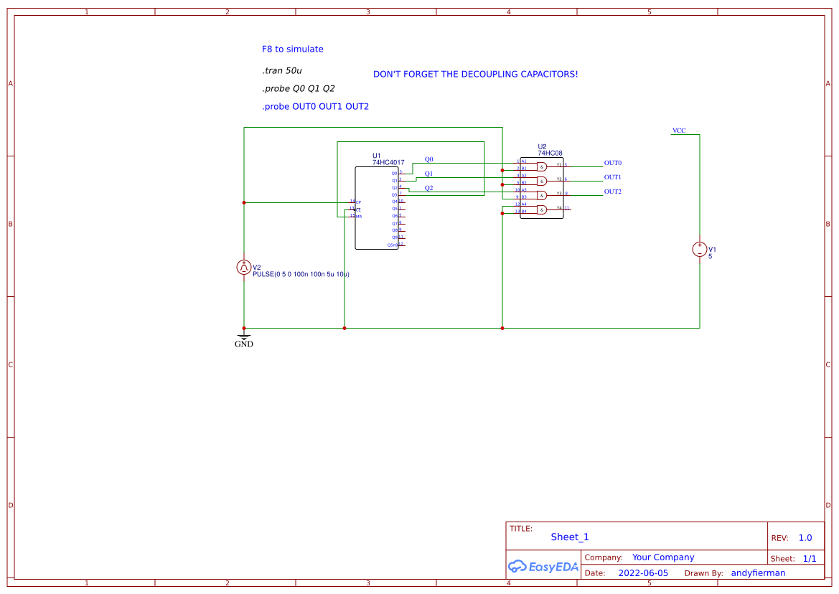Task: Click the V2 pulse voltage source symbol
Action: tap(244, 268)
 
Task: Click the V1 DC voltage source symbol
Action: tap(700, 250)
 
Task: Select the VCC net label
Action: tap(678, 131)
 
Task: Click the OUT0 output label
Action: tap(612, 163)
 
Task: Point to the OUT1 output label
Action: tap(612, 177)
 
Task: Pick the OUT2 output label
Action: tap(612, 192)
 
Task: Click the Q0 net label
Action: tap(428, 159)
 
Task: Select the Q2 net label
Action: tap(428, 188)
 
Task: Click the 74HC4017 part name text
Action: tap(388, 163)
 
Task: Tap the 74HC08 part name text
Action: tap(550, 153)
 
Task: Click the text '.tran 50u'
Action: tap(281, 71)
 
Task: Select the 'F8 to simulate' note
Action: tap(292, 49)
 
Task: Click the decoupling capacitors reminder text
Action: tap(475, 75)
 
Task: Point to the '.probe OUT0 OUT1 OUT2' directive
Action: tap(315, 107)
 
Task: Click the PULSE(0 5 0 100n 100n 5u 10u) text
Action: tap(301, 275)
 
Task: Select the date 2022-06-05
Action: tap(642, 573)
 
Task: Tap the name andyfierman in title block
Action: tap(758, 573)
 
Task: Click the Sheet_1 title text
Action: tap(570, 537)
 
